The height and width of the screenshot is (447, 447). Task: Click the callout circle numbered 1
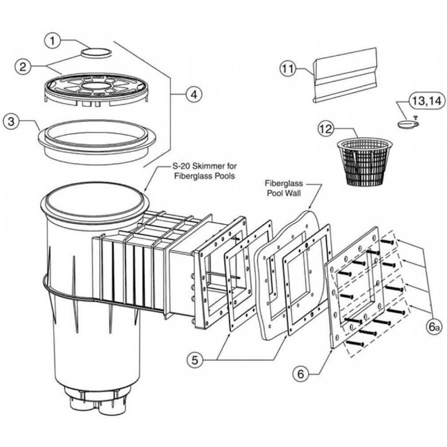(53, 41)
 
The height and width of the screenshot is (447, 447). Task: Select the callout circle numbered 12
(326, 129)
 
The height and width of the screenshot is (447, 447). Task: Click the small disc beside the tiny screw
(406, 125)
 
